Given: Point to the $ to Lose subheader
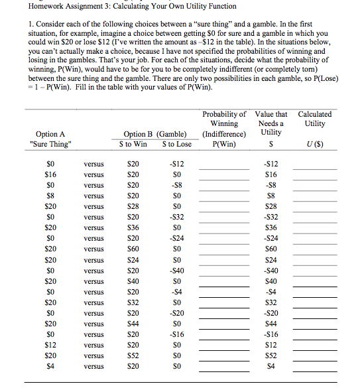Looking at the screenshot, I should tap(176, 144).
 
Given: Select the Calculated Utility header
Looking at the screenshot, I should tap(315, 119).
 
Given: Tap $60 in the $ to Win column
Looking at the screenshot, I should tap(133, 249).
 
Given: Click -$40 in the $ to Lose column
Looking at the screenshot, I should tap(176, 271).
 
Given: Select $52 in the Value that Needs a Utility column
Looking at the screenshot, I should tap(270, 356).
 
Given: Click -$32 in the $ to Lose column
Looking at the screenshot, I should tap(176, 217).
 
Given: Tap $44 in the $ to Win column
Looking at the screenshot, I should tap(133, 324).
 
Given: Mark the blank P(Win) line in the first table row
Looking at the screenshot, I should tap(223, 168).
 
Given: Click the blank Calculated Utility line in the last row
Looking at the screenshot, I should tap(315, 370).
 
